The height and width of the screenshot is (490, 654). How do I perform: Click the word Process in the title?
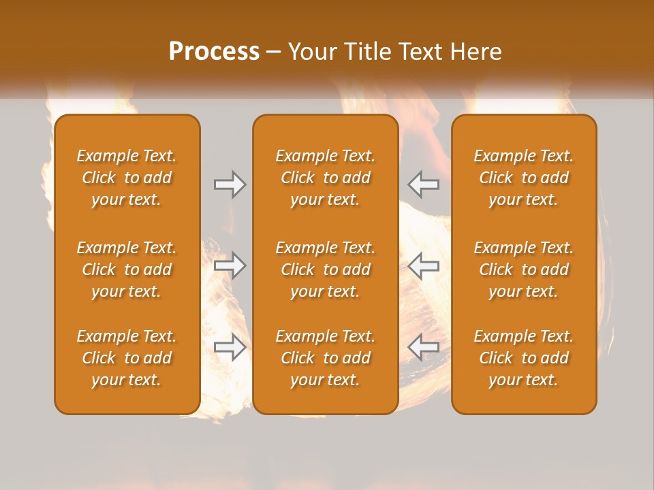[214, 52]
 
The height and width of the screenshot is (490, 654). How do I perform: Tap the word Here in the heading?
[476, 52]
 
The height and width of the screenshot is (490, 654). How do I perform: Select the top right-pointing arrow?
[230, 184]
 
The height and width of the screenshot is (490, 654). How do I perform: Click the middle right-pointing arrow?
[230, 265]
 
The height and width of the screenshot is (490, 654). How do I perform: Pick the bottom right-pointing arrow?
[230, 347]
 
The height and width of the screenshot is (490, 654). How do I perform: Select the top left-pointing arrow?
[424, 184]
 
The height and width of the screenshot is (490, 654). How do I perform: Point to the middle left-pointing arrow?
[424, 265]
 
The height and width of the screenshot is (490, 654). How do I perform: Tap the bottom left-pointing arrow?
[424, 347]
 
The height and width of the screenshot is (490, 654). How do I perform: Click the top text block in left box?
[127, 178]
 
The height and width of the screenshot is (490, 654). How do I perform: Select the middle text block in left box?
[127, 269]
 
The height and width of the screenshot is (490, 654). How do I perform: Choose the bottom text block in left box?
[127, 358]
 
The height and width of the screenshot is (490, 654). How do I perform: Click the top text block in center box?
[326, 178]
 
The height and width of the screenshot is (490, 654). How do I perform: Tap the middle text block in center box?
[326, 269]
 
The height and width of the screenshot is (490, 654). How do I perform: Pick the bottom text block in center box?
[326, 358]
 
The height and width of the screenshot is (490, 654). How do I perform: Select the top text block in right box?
[524, 178]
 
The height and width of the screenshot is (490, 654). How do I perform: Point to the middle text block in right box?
[524, 269]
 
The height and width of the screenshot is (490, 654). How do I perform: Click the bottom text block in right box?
[524, 358]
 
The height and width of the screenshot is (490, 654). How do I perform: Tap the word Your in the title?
[312, 52]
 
